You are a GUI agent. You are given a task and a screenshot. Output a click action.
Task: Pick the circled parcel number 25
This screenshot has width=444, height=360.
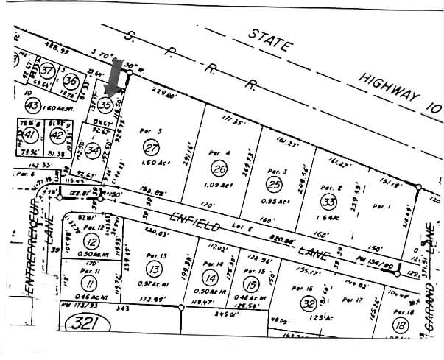274,184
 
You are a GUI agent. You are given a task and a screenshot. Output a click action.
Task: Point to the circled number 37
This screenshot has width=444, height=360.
48,71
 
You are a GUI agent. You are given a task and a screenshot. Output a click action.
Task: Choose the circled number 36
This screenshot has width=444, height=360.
71,81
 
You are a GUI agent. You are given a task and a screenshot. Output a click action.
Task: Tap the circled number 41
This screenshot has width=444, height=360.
29,135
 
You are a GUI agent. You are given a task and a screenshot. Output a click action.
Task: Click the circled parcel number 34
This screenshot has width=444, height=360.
92,151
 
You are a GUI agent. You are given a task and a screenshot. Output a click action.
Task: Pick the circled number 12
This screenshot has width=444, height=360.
91,241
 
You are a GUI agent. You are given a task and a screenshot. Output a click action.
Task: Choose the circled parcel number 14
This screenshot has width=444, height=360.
211,278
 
